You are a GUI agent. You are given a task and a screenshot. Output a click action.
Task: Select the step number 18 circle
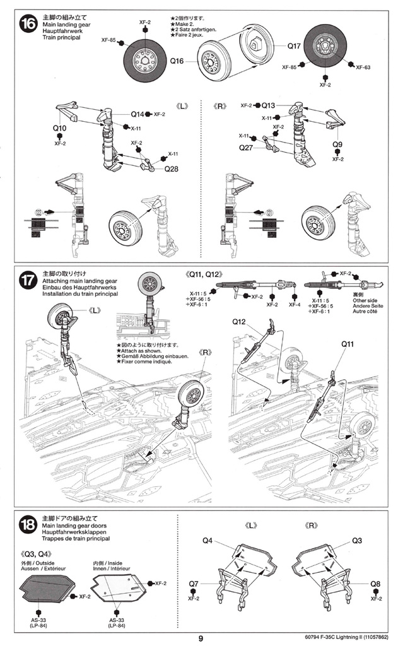(x=28, y=526)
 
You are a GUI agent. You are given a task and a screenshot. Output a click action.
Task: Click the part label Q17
(x=294, y=46)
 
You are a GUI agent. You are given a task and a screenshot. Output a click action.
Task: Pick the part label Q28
(x=172, y=169)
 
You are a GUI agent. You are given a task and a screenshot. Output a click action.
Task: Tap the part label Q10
(x=60, y=127)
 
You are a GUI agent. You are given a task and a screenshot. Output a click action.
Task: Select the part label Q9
(x=337, y=144)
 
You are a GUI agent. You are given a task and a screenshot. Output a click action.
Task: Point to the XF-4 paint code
(x=294, y=305)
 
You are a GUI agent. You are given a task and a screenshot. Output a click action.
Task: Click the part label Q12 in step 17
(x=238, y=321)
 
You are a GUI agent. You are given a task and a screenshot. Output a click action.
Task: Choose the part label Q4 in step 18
(x=208, y=541)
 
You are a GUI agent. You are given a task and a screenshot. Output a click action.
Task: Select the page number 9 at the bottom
(x=201, y=638)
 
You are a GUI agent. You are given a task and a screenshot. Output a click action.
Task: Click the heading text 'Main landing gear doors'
(x=74, y=526)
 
